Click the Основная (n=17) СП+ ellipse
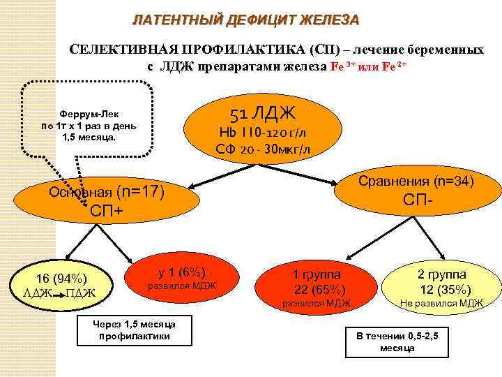point(104,200)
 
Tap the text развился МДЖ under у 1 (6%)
point(181,286)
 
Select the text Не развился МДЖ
point(441,303)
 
